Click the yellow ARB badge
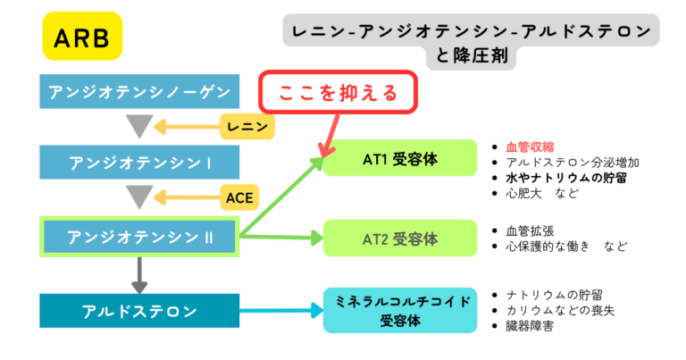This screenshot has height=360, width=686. pyautogui.click(x=81, y=37)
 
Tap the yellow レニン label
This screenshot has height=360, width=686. pyautogui.click(x=247, y=127)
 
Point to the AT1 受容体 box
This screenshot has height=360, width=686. pyautogui.click(x=400, y=159)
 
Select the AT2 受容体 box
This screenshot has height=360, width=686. pyautogui.click(x=400, y=239)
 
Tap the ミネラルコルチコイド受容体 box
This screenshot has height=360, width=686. pyautogui.click(x=400, y=310)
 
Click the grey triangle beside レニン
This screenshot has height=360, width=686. pyautogui.click(x=139, y=126)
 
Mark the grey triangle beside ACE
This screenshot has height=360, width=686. pyautogui.click(x=139, y=196)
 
